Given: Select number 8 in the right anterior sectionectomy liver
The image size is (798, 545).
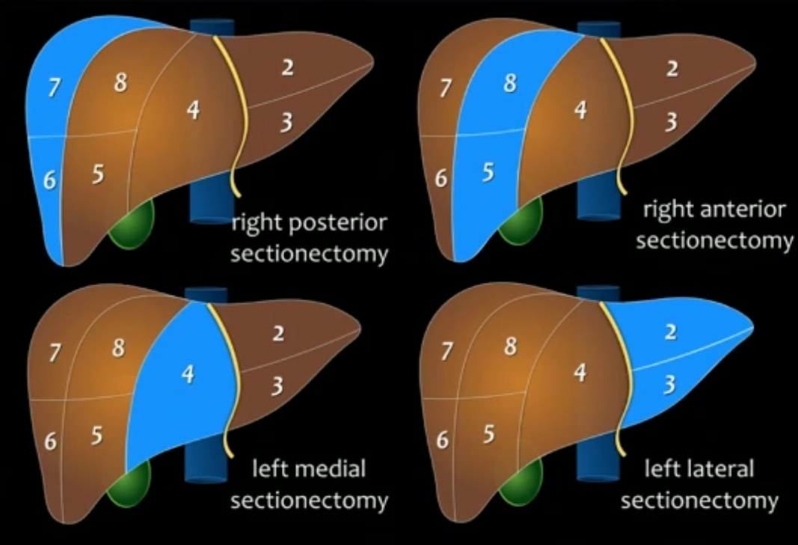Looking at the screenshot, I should click(x=509, y=83).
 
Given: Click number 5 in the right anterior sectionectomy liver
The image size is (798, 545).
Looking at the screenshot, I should click(x=488, y=173).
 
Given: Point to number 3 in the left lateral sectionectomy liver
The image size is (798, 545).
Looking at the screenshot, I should click(x=670, y=385).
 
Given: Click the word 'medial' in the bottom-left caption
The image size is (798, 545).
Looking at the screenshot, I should click(x=328, y=470).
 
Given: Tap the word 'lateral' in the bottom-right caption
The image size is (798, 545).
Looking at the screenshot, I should click(x=718, y=470).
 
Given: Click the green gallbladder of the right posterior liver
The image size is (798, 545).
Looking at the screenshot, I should click(x=132, y=227).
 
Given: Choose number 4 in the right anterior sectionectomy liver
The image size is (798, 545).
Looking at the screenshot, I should click(x=580, y=110).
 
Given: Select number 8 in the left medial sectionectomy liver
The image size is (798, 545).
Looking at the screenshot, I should click(x=118, y=347).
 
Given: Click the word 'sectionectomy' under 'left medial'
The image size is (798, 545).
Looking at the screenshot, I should click(x=309, y=500).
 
